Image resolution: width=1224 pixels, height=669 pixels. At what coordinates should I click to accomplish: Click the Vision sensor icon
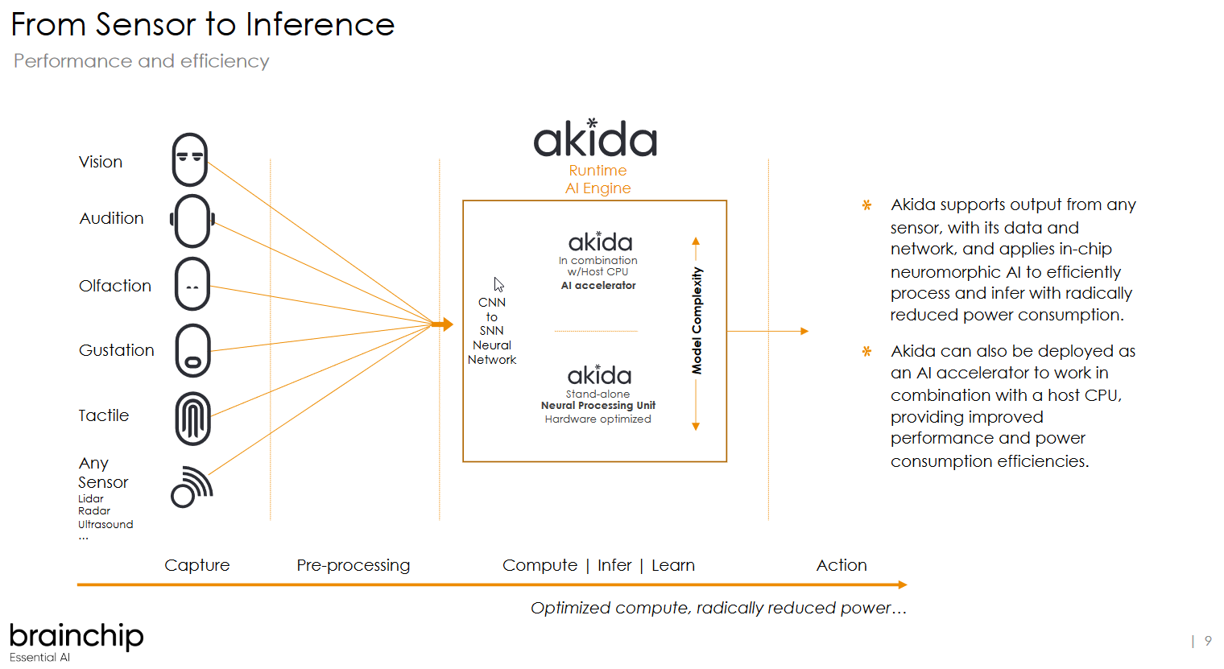[190, 159]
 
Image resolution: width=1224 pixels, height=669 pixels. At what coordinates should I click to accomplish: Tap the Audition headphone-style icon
[192, 220]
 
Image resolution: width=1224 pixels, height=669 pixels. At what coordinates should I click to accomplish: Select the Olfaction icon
[192, 284]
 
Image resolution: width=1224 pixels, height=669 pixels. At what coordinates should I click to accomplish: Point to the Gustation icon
[193, 350]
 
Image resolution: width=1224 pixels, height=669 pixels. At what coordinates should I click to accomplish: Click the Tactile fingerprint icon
[193, 419]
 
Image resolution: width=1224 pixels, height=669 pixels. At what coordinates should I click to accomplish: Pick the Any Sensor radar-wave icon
[192, 487]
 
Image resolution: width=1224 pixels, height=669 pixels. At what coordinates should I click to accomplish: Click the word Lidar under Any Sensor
[91, 498]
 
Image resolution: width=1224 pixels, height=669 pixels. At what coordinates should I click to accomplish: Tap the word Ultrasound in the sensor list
[105, 524]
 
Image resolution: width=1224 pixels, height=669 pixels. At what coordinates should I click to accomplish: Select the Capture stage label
[197, 565]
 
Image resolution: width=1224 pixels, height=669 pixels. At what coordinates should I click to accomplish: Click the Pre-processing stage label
[353, 565]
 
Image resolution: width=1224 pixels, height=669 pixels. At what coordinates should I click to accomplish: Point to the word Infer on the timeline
[614, 565]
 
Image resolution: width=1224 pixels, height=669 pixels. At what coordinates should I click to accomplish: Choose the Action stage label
[841, 565]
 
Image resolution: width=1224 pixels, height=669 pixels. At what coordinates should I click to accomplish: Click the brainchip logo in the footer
[76, 636]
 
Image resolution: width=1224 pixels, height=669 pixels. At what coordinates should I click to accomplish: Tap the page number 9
[1208, 641]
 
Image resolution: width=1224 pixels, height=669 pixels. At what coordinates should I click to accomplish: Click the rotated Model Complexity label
[697, 320]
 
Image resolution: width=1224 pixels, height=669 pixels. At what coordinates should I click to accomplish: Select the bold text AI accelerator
[598, 286]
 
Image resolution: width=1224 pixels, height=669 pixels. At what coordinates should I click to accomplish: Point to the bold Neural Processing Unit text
[598, 406]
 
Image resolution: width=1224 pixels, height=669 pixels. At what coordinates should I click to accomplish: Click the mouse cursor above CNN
[498, 284]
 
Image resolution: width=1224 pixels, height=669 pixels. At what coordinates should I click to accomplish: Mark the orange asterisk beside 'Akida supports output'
[866, 205]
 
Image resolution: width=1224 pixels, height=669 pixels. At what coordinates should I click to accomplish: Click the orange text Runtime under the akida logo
[598, 171]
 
